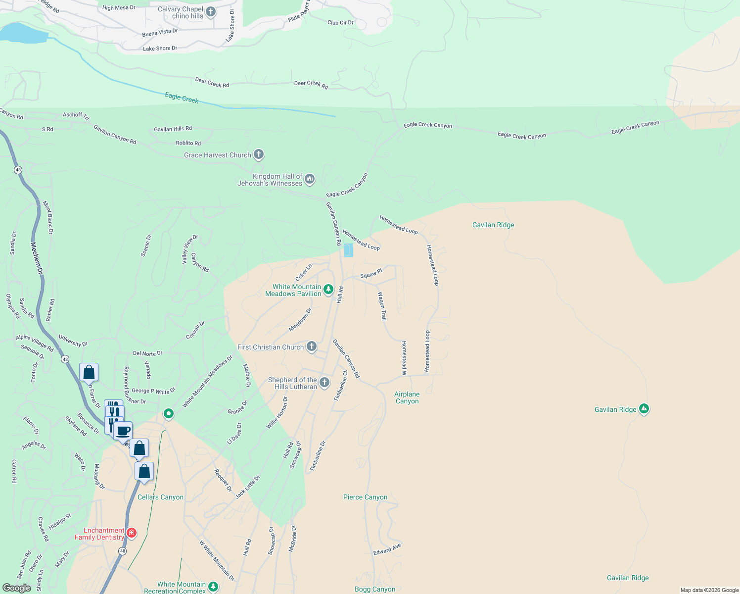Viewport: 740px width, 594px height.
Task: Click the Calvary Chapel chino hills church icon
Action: point(211,11)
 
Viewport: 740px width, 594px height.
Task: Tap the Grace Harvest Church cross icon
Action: point(259,154)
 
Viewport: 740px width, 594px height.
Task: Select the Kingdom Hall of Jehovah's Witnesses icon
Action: point(310,179)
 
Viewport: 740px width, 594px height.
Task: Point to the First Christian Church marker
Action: point(312,346)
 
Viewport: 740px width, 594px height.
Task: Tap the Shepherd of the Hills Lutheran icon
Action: point(324,382)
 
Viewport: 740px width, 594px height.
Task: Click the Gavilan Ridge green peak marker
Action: point(644,409)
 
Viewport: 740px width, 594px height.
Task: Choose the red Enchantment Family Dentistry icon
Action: point(132,533)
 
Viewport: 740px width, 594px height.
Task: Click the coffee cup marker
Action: point(123,431)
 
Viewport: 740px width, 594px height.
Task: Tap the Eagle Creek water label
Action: point(182,98)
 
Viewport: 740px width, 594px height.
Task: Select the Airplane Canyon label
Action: point(407,398)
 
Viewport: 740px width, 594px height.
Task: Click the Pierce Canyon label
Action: point(366,497)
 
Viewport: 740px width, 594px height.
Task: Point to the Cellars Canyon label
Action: point(160,497)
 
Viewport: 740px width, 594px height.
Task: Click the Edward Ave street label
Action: point(387,549)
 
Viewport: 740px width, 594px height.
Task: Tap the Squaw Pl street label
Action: point(371,274)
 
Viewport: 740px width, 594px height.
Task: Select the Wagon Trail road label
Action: point(382,306)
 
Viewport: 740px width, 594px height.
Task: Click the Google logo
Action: point(16,588)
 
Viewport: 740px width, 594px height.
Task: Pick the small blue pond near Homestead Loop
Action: point(348,250)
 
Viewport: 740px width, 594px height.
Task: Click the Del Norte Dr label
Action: point(147,353)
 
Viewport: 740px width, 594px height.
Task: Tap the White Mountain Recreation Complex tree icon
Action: point(213,587)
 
